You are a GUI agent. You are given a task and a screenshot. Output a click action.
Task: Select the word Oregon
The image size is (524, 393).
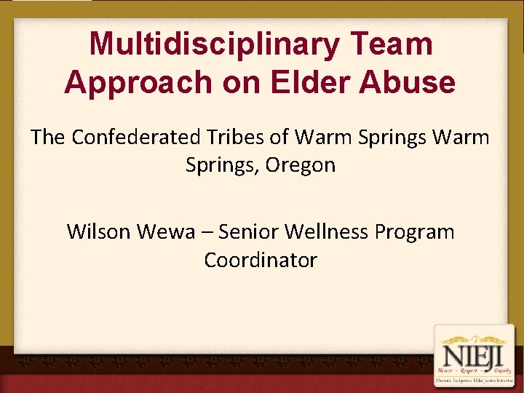coord(301,165)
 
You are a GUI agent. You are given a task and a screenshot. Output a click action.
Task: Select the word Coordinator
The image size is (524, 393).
coord(261,260)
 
